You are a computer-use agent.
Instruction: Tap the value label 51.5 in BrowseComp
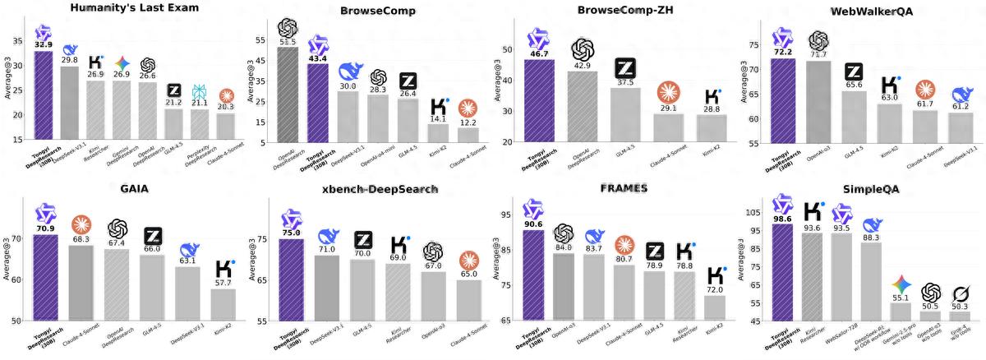click(x=288, y=41)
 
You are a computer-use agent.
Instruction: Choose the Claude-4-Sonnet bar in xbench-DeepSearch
click(x=468, y=300)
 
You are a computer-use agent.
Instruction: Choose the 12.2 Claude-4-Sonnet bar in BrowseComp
click(x=468, y=135)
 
